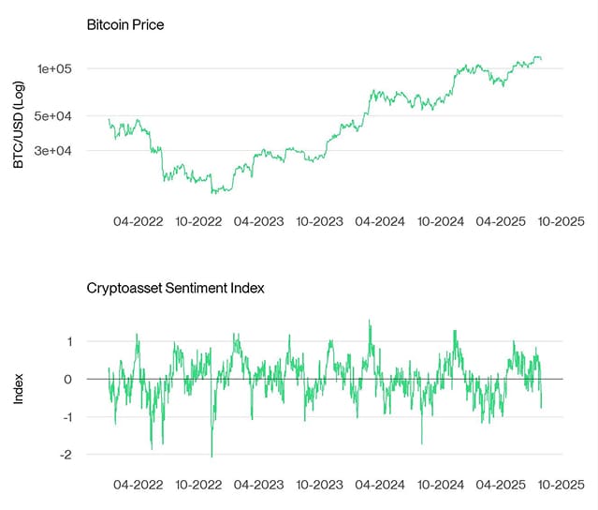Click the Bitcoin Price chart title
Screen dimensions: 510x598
coord(124,24)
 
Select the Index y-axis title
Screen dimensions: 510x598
coord(18,390)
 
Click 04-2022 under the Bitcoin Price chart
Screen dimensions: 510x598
coord(139,222)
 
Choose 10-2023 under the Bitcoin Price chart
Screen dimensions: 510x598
coord(319,222)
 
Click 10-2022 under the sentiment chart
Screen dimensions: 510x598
coord(198,485)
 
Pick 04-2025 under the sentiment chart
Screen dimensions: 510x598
coord(501,485)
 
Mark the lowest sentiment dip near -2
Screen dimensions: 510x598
coord(211,456)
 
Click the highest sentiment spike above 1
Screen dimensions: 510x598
coord(369,321)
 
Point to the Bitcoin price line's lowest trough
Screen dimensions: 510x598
coord(214,193)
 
